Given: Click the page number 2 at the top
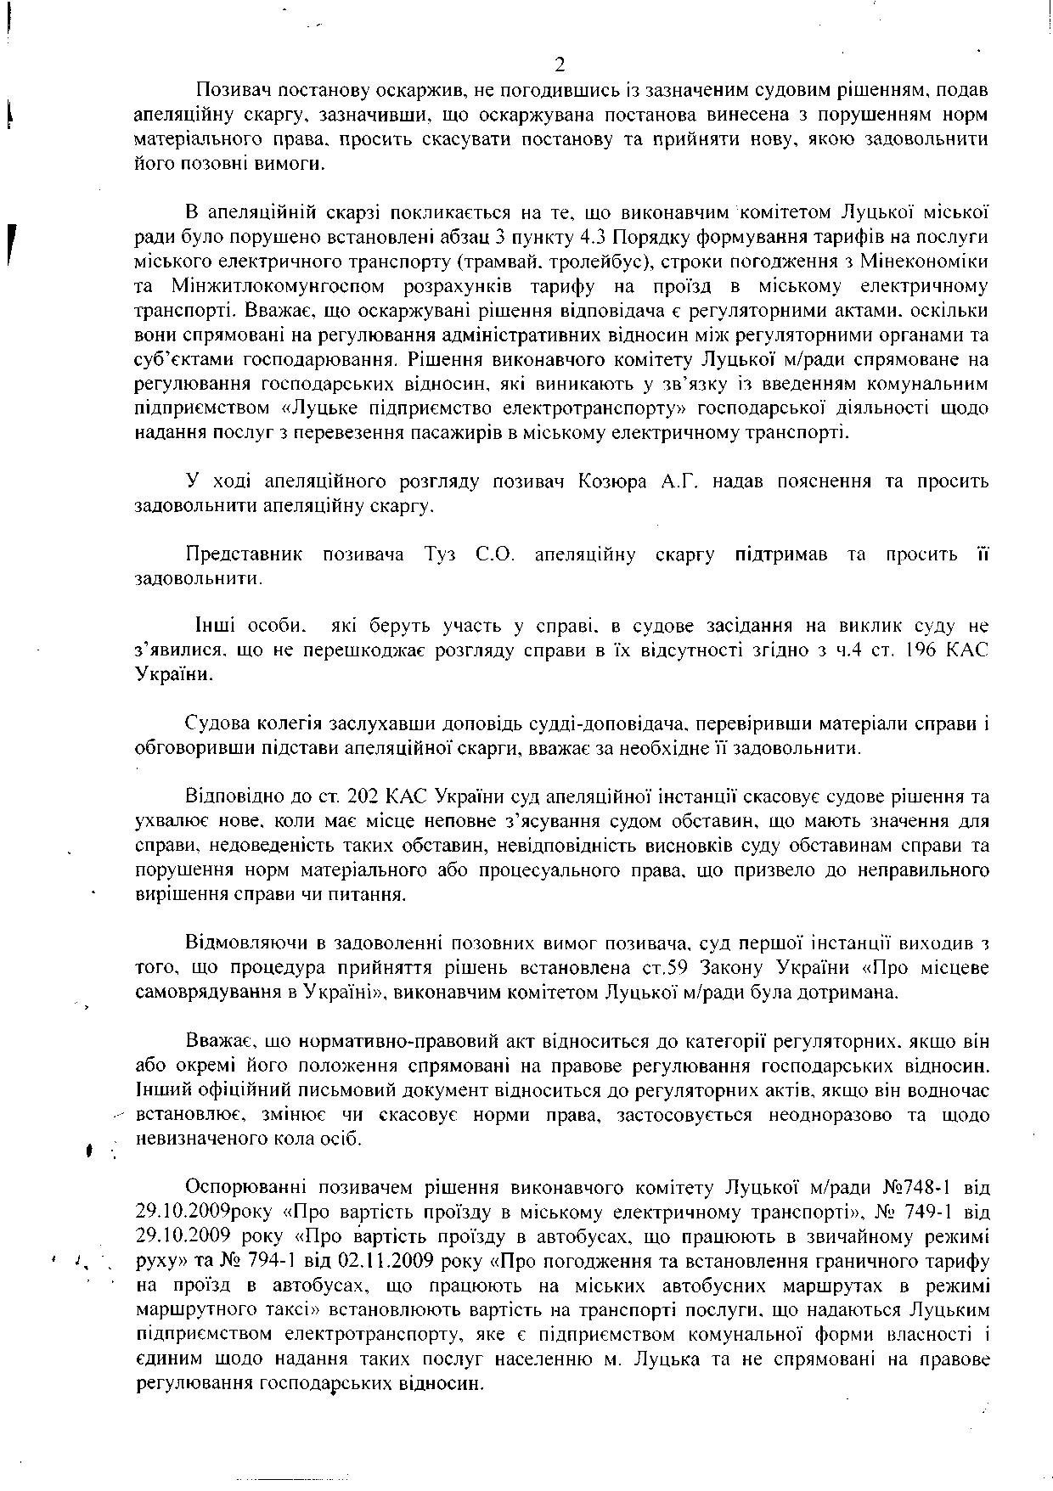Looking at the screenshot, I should (559, 65).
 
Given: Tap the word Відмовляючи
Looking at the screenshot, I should (245, 943).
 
